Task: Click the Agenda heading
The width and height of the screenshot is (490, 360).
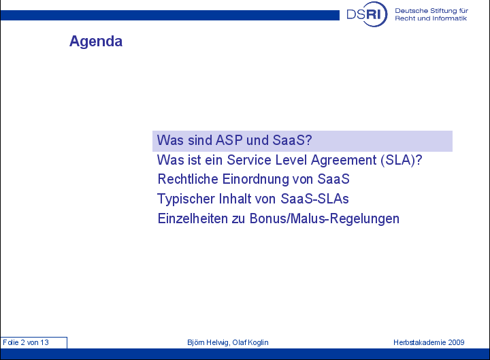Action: [96, 42]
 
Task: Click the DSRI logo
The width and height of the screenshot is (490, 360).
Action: [367, 14]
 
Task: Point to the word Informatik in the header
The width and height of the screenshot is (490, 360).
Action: [449, 18]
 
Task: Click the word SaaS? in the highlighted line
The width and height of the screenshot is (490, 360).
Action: [292, 140]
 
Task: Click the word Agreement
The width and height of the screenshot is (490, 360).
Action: [344, 161]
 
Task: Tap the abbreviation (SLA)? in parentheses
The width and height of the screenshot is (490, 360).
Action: [402, 161]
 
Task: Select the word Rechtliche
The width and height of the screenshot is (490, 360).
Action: [188, 180]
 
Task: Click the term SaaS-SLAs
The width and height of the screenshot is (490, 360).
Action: [314, 199]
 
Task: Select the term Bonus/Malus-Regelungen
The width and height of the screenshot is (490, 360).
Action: [325, 218]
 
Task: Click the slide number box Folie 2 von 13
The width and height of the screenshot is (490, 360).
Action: [34, 342]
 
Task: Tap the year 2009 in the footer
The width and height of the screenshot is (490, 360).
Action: [456, 342]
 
